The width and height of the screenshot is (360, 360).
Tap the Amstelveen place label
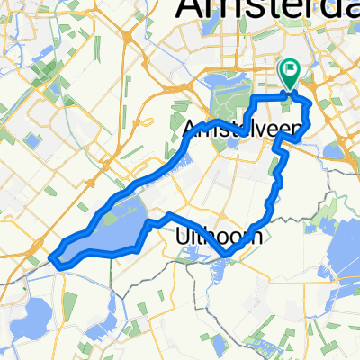pos(240,130)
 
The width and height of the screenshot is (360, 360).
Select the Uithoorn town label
pos(216,236)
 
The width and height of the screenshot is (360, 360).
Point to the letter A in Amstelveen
pos(189,130)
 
